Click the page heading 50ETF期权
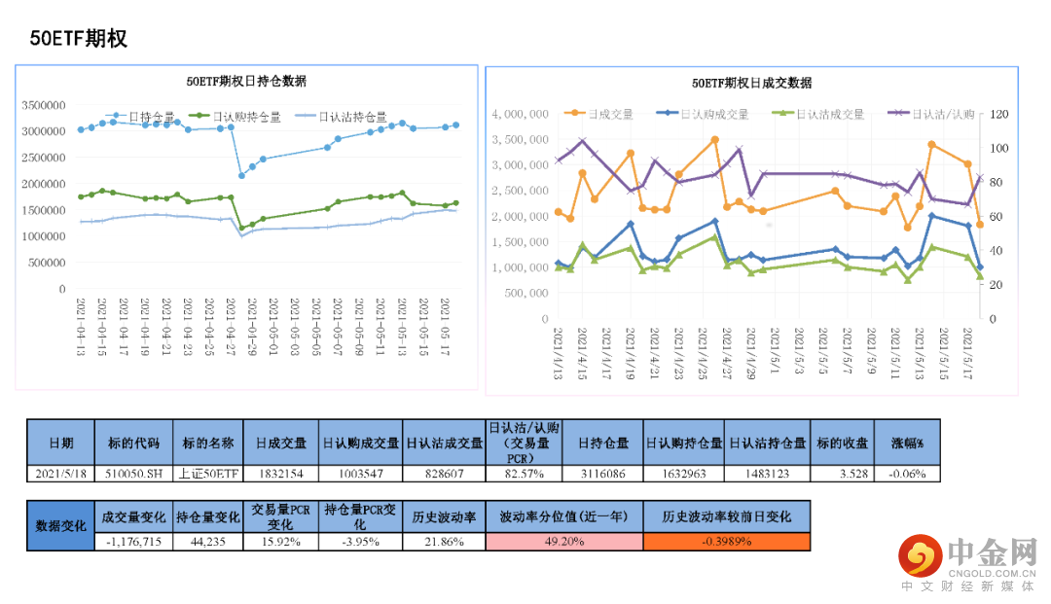79,39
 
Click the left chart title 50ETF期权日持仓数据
246,81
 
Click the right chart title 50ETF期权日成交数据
751,84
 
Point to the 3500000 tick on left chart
43,105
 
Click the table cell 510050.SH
134,474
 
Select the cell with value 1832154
282,474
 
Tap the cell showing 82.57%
525,474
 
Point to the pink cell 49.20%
564,542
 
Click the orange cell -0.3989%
726,542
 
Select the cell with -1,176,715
132,542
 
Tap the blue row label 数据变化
60,525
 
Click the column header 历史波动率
443,516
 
